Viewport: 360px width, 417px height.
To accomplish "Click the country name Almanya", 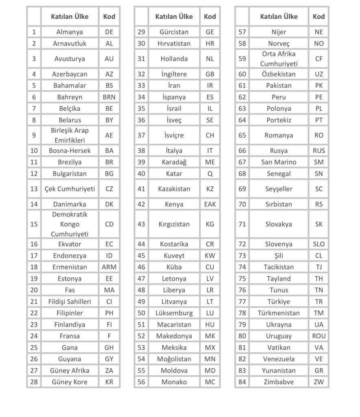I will click(x=70, y=32).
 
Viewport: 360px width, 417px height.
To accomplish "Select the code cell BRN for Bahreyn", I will click(x=109, y=97).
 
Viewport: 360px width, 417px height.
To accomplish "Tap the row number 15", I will click(x=34, y=224).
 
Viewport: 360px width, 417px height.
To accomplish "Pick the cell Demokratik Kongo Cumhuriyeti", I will click(x=70, y=224).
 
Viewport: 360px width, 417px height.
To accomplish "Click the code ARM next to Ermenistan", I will click(x=109, y=267).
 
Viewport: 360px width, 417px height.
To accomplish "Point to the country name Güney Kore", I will click(x=70, y=382).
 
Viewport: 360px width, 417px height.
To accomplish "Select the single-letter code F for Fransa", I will click(x=109, y=336).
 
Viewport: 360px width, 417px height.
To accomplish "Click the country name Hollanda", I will click(x=174, y=59).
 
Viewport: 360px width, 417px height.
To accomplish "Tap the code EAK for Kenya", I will click(x=210, y=204).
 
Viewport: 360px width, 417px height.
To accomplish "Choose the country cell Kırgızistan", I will click(x=174, y=224).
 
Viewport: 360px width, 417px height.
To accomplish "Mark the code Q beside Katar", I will click(x=210, y=173).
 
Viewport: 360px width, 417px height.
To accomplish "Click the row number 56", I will click(x=141, y=382).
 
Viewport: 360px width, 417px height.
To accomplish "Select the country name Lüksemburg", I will click(x=174, y=313).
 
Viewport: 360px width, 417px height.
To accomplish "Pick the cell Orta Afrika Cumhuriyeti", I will click(x=279, y=59).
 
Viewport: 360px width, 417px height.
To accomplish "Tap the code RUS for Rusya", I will click(x=319, y=151).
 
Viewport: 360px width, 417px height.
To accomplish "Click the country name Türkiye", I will click(x=279, y=302).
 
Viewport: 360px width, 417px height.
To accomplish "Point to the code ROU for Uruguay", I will click(x=319, y=336).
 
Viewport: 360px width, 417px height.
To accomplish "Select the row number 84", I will click(x=242, y=382).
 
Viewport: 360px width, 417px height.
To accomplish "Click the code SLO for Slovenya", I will click(x=319, y=244).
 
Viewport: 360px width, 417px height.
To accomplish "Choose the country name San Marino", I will click(x=279, y=162).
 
